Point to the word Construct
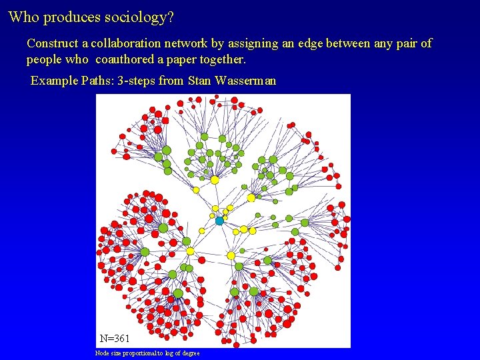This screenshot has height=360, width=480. pos(53,43)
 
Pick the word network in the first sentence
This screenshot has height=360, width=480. pos(189,43)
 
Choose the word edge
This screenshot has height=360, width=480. pos(311,44)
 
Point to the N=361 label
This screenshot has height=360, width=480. pos(115,339)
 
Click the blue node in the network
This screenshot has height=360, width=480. pos(219,221)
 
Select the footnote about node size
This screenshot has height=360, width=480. pos(147,353)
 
